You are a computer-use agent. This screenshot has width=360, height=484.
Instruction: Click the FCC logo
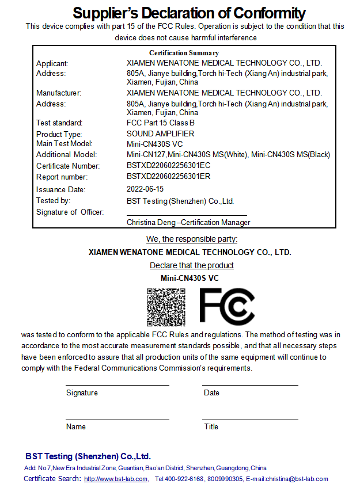[227, 306]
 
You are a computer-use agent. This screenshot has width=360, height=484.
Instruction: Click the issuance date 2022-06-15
[145, 189]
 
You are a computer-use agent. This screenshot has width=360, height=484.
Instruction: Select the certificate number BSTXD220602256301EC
[169, 166]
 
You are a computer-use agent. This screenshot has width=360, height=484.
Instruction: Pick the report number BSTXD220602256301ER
[169, 177]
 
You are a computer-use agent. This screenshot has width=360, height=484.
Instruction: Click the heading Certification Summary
[184, 53]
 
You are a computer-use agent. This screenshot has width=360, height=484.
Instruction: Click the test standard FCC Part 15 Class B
[161, 123]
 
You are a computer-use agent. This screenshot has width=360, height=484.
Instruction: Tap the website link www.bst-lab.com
[116, 479]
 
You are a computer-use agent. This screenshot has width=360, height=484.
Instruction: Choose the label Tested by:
[53, 200]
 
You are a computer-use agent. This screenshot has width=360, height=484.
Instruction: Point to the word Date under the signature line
[211, 392]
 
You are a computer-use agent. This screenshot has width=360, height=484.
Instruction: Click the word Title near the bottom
[211, 426]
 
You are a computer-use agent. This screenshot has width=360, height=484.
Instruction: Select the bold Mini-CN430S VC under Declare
[190, 278]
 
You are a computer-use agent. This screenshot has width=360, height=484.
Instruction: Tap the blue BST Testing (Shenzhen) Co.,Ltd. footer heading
[88, 456]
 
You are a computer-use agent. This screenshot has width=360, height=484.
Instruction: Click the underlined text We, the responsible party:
[192, 239]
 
